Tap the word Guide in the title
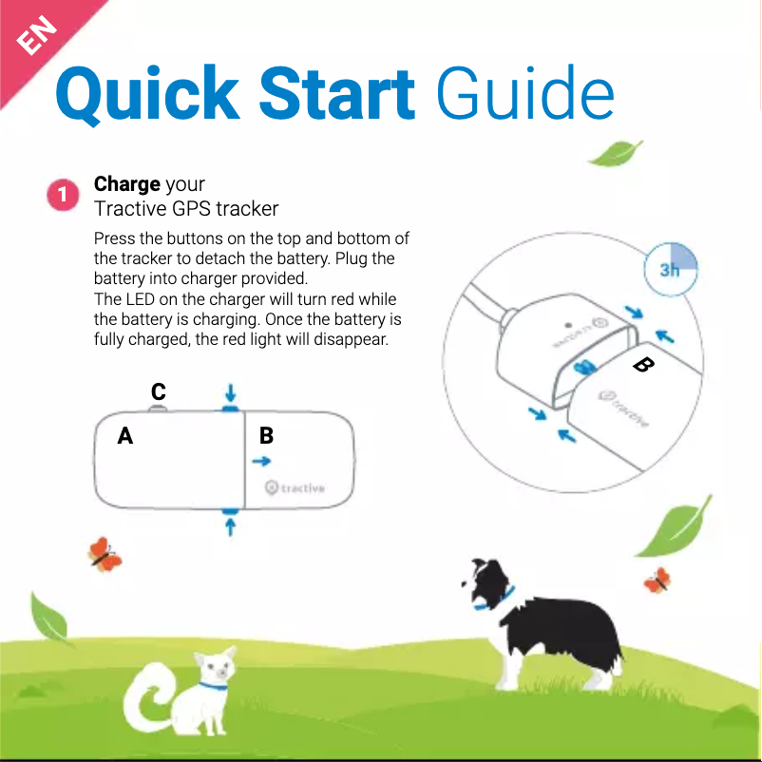point(524,95)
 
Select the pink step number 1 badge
point(62,196)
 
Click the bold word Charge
point(126,183)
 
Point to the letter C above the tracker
point(158,391)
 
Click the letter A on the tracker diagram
point(124,436)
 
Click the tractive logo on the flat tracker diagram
point(295,487)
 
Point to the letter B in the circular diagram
point(643,365)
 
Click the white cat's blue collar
point(213,685)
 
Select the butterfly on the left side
point(104,554)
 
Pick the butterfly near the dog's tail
point(657,579)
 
